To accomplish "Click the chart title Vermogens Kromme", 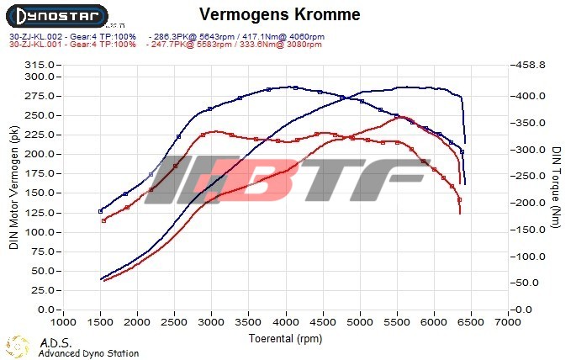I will [x=280, y=14].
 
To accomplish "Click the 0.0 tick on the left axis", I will [x=44, y=310].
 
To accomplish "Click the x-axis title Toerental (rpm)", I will [x=284, y=338].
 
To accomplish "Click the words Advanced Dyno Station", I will [x=88, y=353].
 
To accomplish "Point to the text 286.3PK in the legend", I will [x=167, y=36].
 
